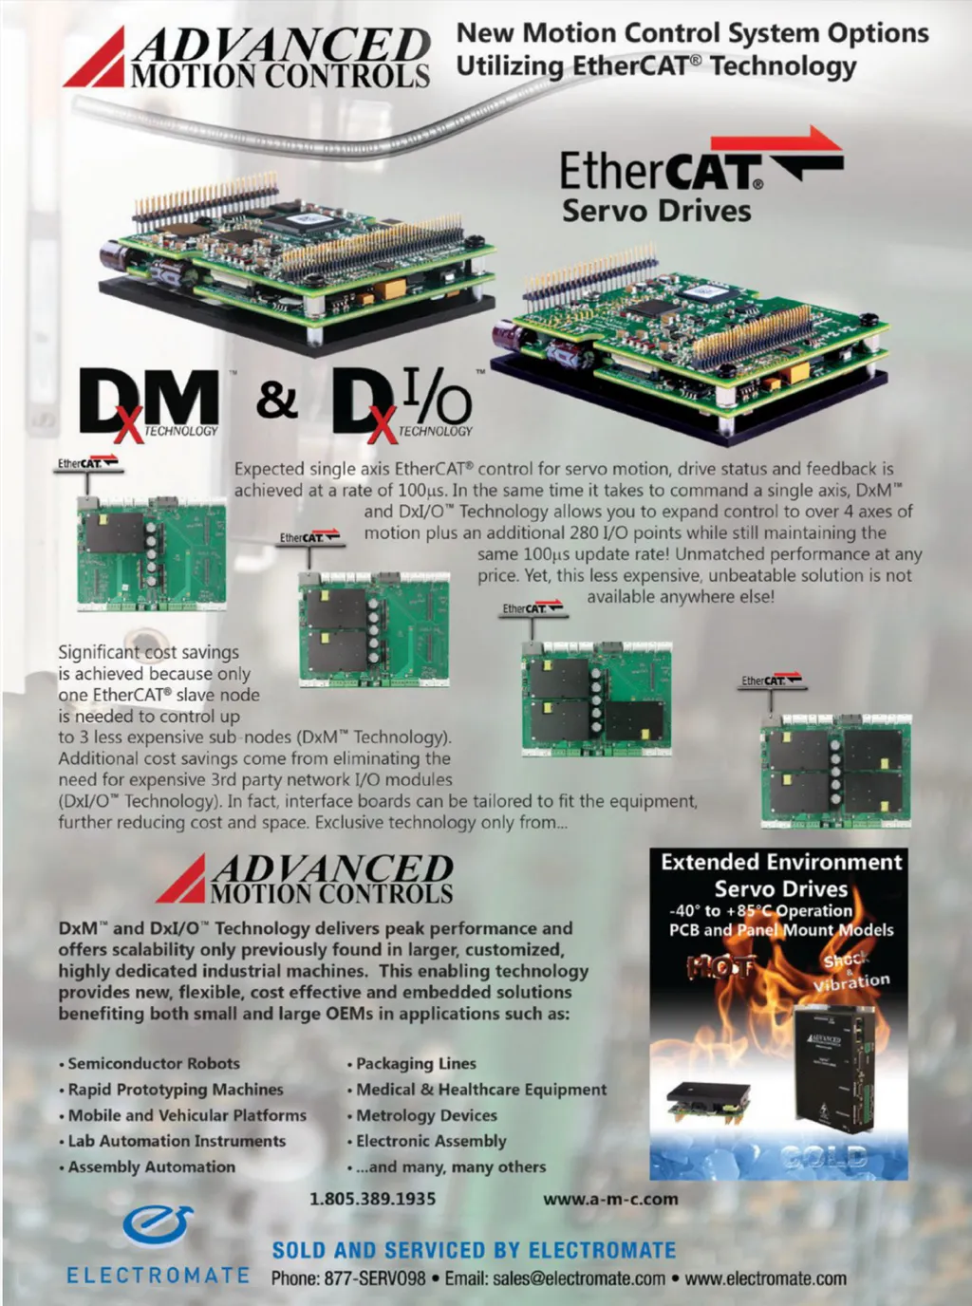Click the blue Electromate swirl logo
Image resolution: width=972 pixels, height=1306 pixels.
[158, 1227]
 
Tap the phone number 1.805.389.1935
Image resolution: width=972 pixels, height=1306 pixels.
[373, 1198]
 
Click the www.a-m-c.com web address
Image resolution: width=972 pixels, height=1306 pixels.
[610, 1198]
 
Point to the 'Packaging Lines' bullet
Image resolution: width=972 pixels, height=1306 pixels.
[412, 1063]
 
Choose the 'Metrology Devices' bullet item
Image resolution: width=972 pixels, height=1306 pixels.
[422, 1115]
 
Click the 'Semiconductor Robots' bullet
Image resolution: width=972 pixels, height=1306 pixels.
[150, 1063]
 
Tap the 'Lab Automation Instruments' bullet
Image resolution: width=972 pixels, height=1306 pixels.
[173, 1141]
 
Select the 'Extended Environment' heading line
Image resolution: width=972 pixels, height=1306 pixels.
[781, 862]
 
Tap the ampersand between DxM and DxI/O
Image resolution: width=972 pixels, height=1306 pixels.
[277, 400]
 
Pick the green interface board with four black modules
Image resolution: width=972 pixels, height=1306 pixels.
[836, 770]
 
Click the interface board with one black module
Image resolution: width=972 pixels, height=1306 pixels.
[151, 550]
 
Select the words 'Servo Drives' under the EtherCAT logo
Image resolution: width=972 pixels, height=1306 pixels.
[657, 211]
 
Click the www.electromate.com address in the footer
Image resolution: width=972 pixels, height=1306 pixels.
[766, 1278]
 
